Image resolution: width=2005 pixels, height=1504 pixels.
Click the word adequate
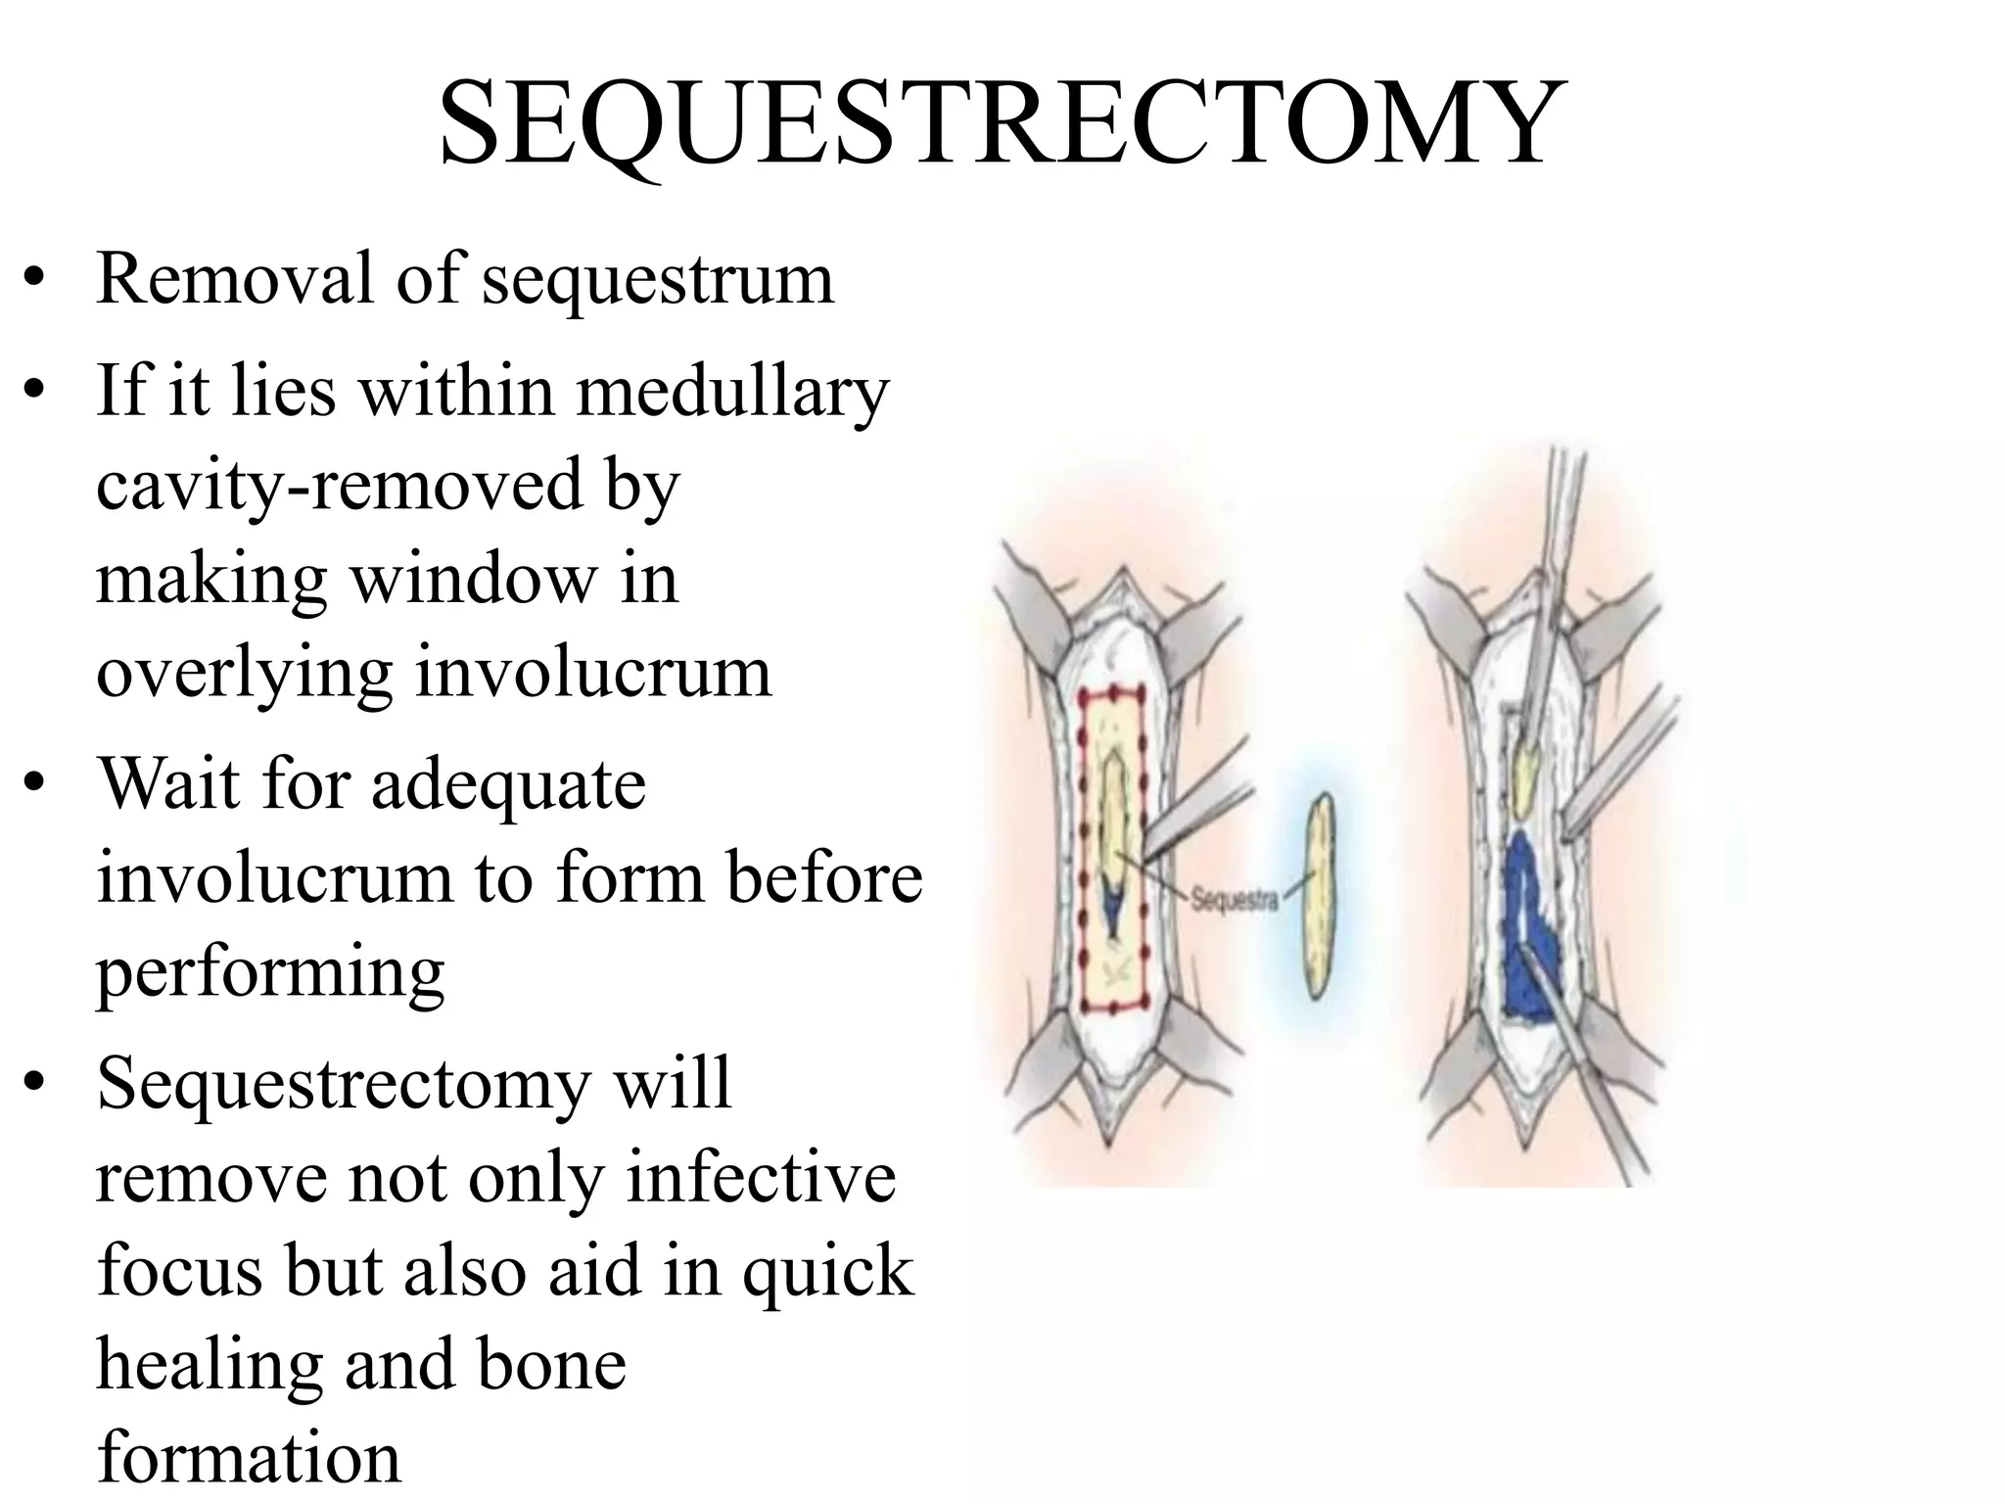point(508,785)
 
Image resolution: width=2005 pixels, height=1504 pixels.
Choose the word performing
point(270,973)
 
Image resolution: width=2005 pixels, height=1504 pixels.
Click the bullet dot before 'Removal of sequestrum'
point(36,279)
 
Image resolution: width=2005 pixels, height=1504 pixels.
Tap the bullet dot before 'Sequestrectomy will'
point(36,1084)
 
